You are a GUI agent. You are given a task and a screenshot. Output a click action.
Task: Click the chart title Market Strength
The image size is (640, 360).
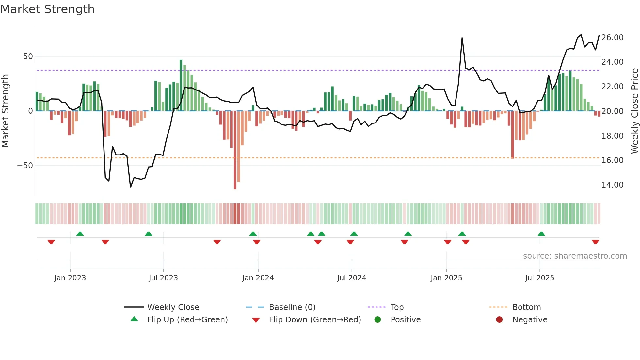47,9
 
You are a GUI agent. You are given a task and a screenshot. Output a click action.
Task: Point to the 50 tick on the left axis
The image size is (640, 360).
28,57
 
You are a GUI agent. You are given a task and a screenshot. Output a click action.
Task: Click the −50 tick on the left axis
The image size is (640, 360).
25,166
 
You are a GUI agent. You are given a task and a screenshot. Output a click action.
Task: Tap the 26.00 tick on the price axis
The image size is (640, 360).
612,38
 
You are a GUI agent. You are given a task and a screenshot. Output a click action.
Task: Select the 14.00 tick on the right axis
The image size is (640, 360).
612,185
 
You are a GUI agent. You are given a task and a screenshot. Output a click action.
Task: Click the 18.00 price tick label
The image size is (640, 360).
612,136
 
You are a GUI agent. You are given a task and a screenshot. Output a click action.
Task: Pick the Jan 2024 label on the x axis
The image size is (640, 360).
258,278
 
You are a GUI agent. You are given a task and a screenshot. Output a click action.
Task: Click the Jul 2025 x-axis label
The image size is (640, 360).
539,278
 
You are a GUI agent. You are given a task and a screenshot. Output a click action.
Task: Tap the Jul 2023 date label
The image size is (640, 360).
163,278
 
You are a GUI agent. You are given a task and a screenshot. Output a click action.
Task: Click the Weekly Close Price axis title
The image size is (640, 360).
634,111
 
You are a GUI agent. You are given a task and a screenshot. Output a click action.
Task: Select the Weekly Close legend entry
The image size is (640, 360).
173,307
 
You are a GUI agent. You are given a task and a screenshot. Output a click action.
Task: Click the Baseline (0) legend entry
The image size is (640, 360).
292,307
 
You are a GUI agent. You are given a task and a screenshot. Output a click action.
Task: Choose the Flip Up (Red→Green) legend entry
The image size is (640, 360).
187,320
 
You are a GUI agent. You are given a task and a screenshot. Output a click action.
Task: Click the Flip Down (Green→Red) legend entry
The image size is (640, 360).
315,320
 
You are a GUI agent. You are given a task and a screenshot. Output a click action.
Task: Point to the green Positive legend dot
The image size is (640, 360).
377,319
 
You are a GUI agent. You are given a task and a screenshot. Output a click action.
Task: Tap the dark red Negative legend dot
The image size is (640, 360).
499,319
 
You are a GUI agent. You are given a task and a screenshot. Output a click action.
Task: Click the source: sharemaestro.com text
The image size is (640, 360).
575,256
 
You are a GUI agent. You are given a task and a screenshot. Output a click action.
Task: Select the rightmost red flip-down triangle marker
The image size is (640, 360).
595,242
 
